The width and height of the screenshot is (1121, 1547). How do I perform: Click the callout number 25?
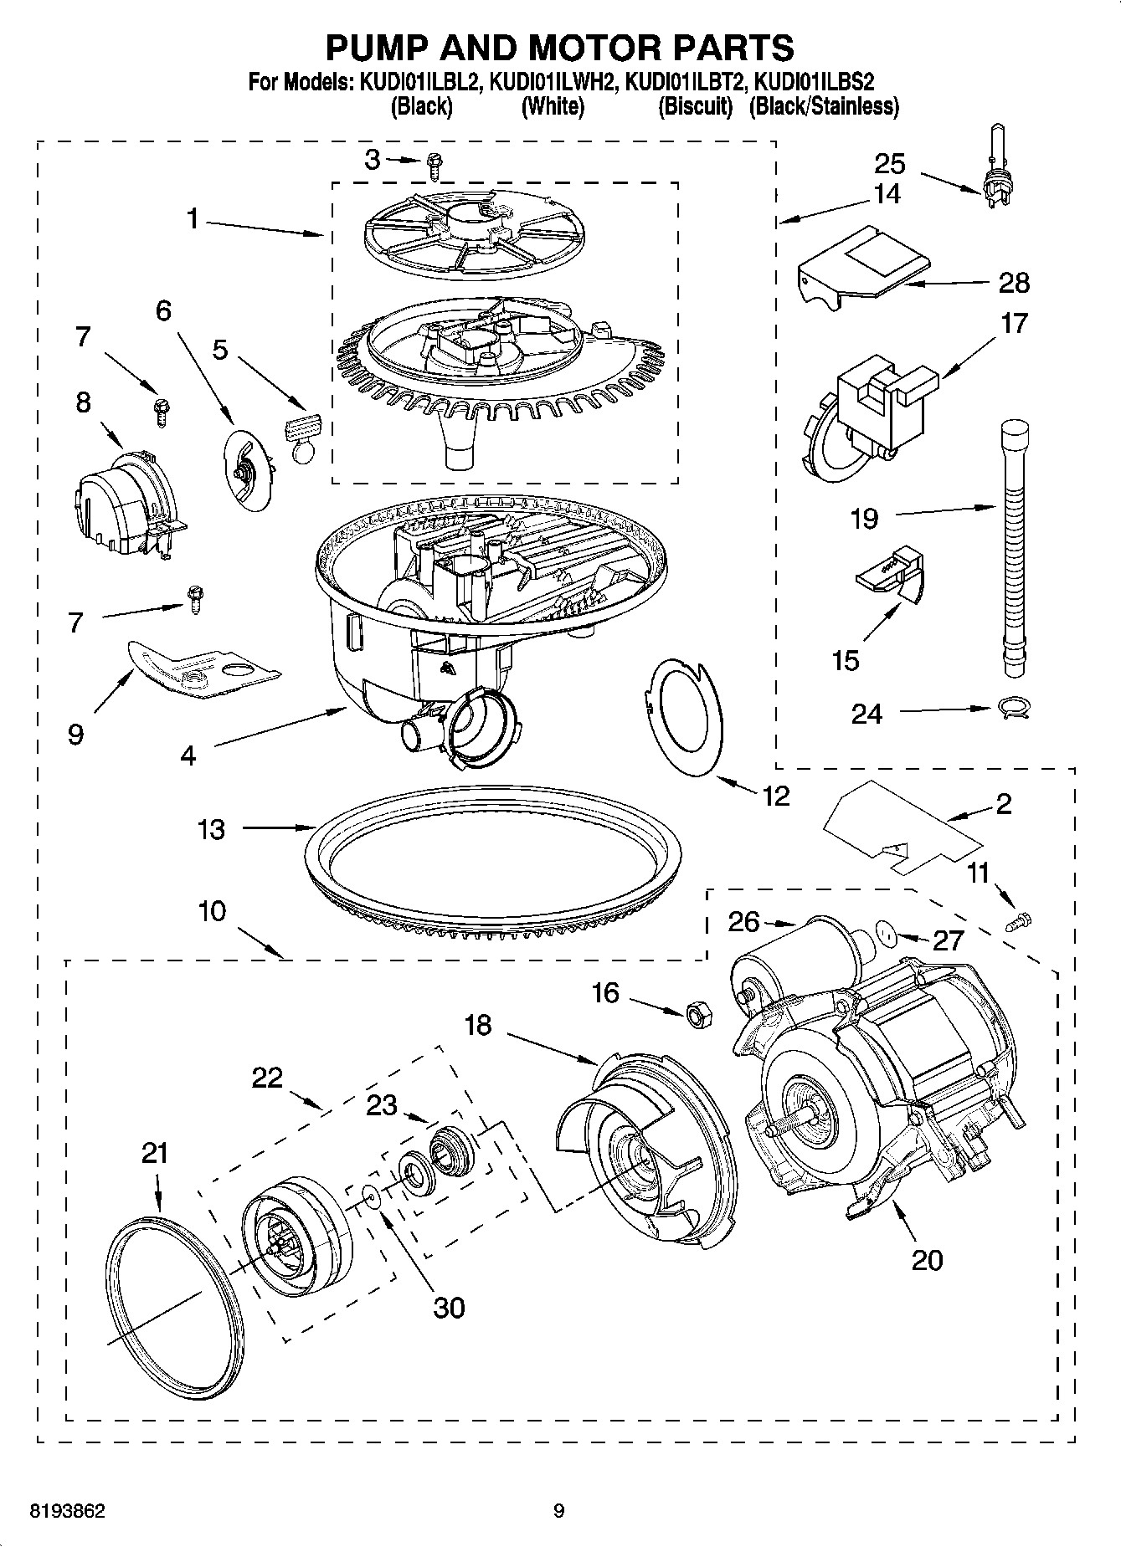point(890,162)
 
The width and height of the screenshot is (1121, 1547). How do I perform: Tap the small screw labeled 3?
point(434,166)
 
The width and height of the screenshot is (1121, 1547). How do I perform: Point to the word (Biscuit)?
point(695,106)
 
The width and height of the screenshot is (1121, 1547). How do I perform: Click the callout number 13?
point(211,829)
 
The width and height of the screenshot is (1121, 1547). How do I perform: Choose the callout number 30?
point(449,1307)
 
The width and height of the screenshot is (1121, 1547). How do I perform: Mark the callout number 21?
point(155,1153)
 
